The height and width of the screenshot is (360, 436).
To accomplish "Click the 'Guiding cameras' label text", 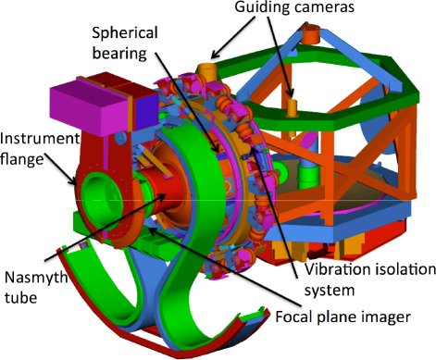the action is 294,7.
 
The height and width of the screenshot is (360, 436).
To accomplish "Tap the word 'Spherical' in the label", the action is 125,33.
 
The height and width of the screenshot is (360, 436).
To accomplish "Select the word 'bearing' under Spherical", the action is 119,54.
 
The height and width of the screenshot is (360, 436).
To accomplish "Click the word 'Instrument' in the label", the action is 40,139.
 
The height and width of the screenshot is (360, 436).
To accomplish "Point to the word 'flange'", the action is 22,159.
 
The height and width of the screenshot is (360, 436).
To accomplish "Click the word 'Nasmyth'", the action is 36,278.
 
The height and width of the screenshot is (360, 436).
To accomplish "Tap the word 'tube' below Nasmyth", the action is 20,298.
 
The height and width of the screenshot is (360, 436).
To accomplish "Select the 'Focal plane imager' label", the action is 343,317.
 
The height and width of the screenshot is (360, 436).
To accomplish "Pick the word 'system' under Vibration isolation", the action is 330,291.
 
